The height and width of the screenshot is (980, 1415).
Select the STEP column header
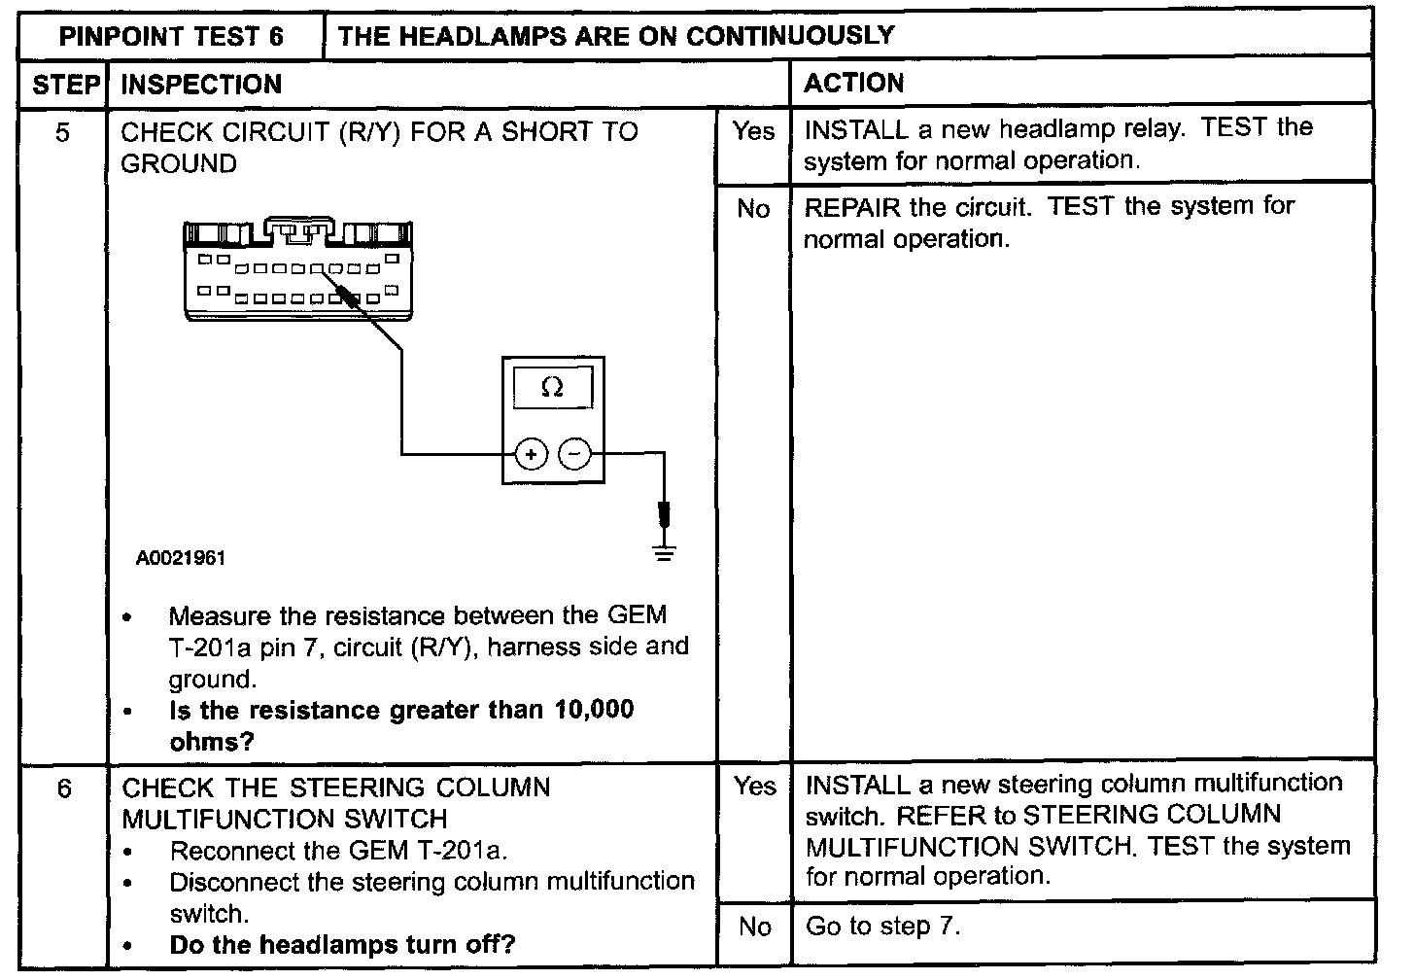pos(65,85)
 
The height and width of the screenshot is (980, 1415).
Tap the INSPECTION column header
pos(201,85)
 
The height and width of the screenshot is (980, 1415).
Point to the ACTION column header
pos(853,84)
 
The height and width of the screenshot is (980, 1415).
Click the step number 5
pos(63,132)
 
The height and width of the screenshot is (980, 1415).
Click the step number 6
pos(64,788)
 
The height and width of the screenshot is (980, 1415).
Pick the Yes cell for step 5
pos(753,131)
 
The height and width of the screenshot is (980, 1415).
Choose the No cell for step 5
pos(753,209)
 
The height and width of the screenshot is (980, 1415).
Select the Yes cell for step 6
pos(754,786)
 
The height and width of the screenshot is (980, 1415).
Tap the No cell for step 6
pos(754,927)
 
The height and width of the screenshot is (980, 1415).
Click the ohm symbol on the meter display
pos(551,388)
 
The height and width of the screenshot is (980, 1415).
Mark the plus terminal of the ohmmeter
pos(531,453)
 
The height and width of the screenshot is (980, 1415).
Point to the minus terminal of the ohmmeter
pos(574,453)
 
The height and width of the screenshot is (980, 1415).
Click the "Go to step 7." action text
pos(882,926)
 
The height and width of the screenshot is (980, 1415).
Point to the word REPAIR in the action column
pos(852,207)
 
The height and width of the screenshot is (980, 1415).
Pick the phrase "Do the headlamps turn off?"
pos(342,944)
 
